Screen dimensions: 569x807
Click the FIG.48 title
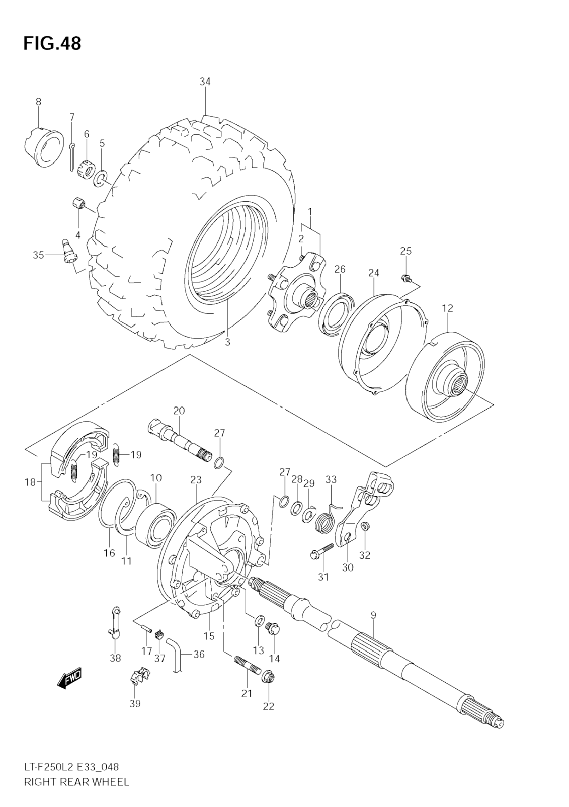click(52, 43)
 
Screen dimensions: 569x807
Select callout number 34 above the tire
click(205, 81)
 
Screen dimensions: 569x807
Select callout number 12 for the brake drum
click(448, 308)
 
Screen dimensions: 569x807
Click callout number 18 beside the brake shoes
click(31, 482)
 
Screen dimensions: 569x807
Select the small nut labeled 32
click(364, 536)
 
